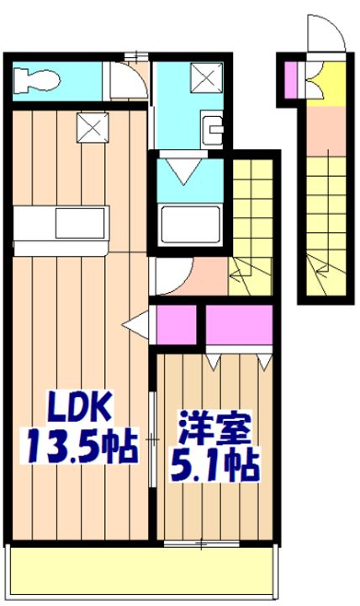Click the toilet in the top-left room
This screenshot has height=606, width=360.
point(38,81)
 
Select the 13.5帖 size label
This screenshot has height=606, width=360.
point(79,446)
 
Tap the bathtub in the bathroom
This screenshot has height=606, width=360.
point(190,226)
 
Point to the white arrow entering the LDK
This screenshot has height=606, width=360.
point(134,323)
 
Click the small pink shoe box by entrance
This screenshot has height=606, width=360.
point(292,78)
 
